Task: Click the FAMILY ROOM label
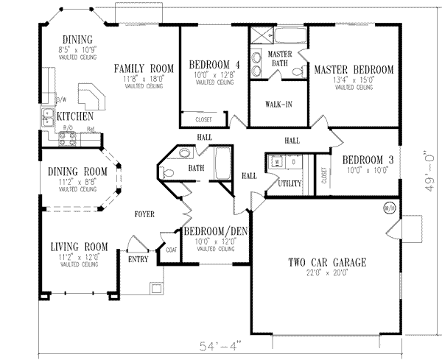(144, 69)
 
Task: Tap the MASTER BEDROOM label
(354, 70)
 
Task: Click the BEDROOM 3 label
(359, 160)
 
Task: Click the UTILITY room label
(289, 183)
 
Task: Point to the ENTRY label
(138, 259)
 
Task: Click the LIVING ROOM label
(79, 247)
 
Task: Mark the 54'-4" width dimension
(220, 345)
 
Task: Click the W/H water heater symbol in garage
(390, 208)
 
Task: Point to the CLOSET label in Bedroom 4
(203, 120)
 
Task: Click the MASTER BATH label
(279, 59)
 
